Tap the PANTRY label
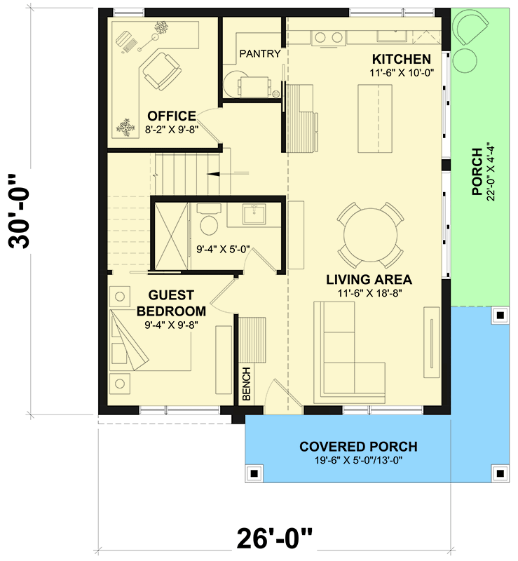[x=260, y=53]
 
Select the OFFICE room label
[x=171, y=116]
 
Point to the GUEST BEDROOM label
[x=171, y=303]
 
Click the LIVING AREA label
[x=369, y=279]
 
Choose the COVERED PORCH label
[x=358, y=447]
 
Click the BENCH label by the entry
[x=247, y=386]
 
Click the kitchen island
[x=376, y=117]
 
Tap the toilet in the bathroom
[x=208, y=223]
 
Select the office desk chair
[x=162, y=70]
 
